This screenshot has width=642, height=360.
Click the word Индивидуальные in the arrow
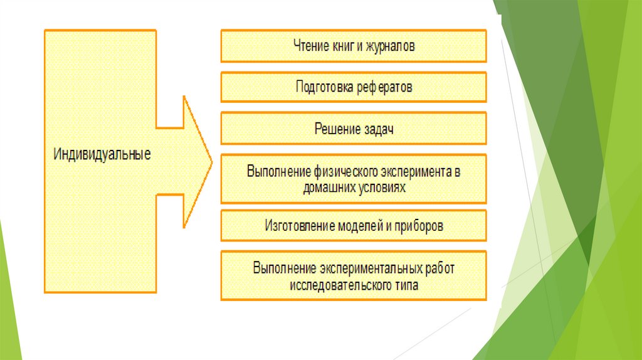tap(102, 154)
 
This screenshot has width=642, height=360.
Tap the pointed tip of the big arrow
tap(210, 162)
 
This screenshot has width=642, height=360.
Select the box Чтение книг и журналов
tap(353, 46)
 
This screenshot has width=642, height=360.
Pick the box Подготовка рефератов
tap(353, 87)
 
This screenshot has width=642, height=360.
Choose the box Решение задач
tap(353, 129)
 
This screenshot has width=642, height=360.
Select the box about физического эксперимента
tap(353, 179)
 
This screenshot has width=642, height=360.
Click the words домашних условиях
tap(353, 187)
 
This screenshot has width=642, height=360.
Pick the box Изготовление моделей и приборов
tap(353, 226)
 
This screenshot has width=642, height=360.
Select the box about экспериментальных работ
tap(353, 276)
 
